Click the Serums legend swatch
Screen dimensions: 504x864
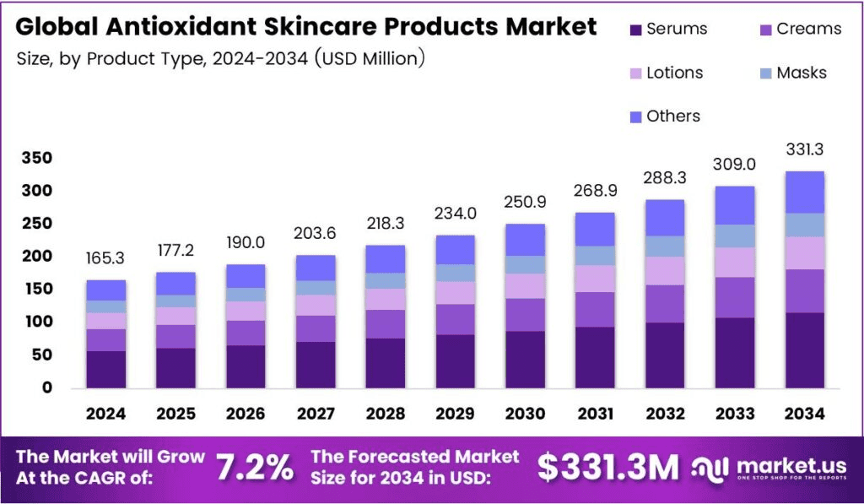coord(635,30)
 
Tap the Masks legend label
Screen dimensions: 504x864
coord(801,73)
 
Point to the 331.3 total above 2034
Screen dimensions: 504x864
coord(803,149)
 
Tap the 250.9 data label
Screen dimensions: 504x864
coord(524,203)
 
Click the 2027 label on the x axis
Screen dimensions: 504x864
coord(315,414)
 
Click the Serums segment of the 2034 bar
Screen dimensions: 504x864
coord(803,350)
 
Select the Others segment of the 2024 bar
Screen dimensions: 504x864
coord(105,290)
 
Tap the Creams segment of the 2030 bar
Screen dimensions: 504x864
coord(524,314)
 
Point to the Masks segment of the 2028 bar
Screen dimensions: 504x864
coord(385,280)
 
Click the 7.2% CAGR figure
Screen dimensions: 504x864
coord(255,467)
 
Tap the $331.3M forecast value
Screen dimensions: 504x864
coord(607,467)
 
